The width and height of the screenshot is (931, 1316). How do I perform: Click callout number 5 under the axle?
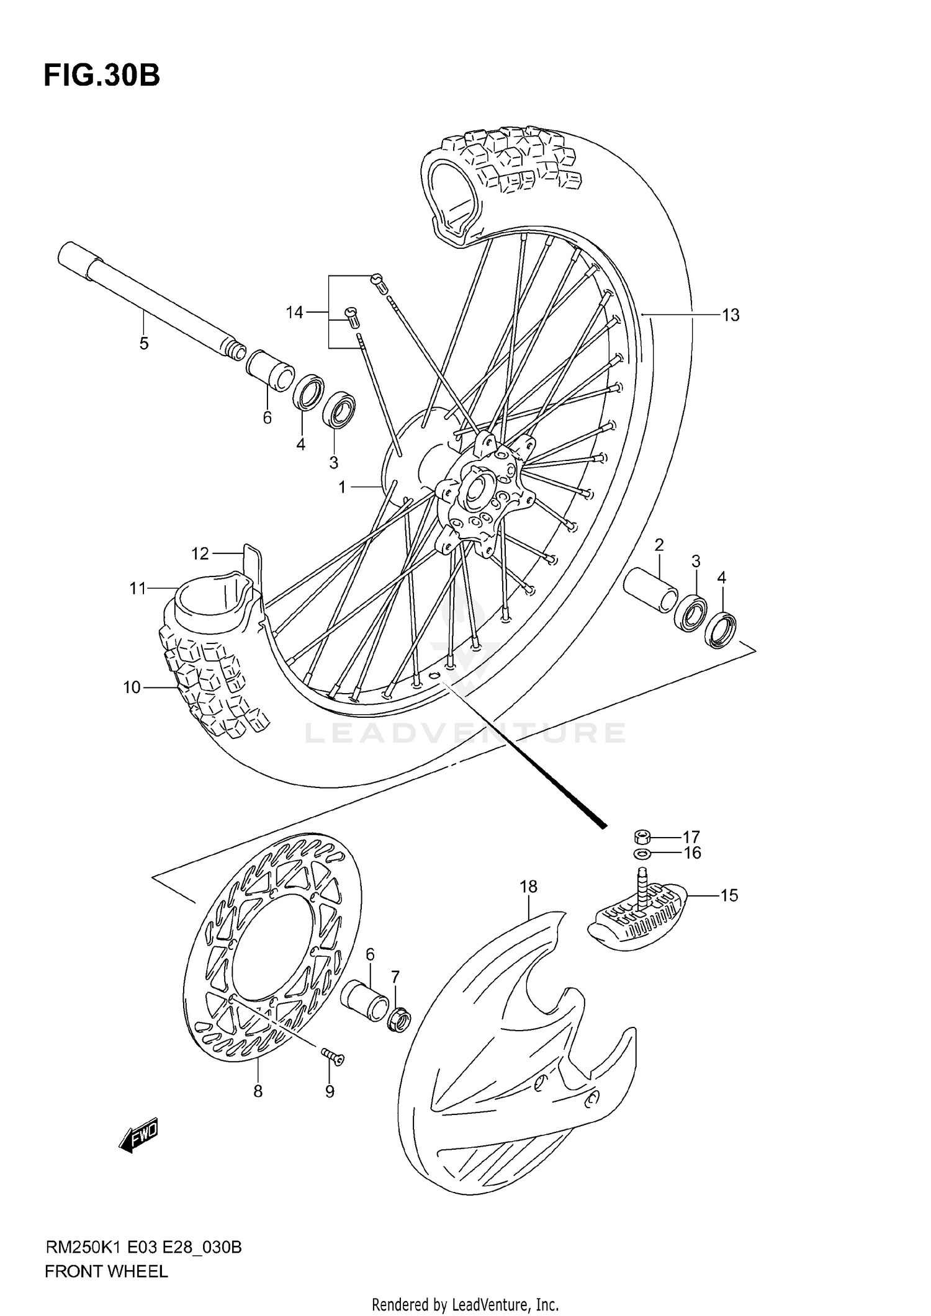pos(144,343)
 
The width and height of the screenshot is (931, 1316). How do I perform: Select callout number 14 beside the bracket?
pos(294,312)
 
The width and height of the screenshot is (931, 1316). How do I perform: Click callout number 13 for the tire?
pos(731,315)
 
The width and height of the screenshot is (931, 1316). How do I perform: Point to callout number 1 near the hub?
pos(342,488)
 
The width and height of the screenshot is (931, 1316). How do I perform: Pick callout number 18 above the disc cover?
pos(528,887)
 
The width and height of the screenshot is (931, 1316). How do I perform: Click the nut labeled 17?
pos(642,835)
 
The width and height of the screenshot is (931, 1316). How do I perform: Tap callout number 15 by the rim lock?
pos(729,895)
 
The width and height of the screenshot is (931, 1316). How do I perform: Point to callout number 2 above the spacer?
pos(659,545)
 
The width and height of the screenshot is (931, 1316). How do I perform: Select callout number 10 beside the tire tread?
pos(132,687)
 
